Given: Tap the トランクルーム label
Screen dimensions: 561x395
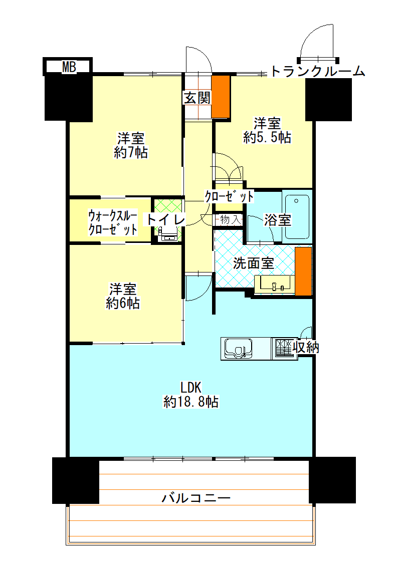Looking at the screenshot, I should [x=317, y=72].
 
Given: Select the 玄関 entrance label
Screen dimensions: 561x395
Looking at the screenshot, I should [x=196, y=98].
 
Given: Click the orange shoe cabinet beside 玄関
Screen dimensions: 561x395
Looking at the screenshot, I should [x=221, y=97].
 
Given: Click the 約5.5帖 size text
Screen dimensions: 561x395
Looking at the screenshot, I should [x=267, y=137].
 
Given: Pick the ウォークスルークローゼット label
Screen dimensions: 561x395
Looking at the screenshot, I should [x=113, y=223].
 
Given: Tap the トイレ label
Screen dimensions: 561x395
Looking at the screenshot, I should [x=166, y=219].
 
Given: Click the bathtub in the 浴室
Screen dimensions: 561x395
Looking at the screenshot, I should [x=297, y=216].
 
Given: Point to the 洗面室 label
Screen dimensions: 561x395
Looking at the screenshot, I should [x=254, y=263].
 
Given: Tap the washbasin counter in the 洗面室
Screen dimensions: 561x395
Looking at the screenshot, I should [x=274, y=285].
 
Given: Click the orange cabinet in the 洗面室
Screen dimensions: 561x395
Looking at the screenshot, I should [x=303, y=271].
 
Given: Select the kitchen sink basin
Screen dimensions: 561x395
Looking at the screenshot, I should [x=238, y=348].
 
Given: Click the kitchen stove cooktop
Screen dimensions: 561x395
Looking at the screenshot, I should [x=283, y=347].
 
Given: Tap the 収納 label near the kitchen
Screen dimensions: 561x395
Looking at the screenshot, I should [x=306, y=347].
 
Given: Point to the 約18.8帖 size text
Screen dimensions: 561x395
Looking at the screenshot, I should [x=190, y=401].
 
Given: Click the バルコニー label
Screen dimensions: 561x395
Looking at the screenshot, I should [x=196, y=498].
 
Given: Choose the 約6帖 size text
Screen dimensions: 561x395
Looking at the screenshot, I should [x=123, y=303].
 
